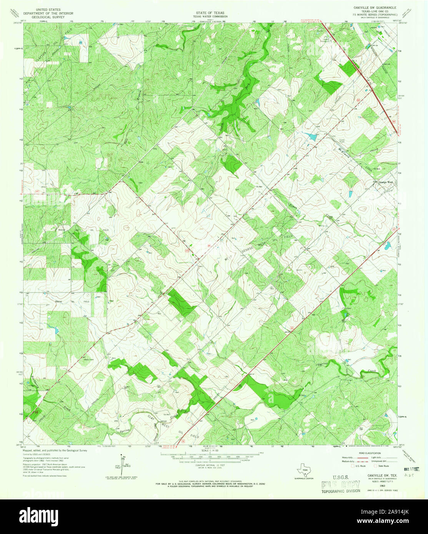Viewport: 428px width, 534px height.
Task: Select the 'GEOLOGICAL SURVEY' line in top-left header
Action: pos(48,17)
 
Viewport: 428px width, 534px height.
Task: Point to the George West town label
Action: pos(386,183)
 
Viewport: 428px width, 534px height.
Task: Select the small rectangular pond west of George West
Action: pos(351,194)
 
